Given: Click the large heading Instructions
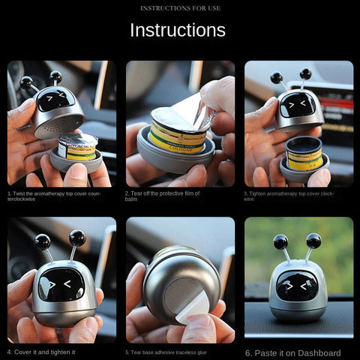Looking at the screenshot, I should (x=178, y=30).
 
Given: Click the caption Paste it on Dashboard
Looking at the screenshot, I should (x=293, y=352).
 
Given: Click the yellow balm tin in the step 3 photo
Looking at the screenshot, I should (x=304, y=153).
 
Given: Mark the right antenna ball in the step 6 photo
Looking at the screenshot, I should (x=313, y=240).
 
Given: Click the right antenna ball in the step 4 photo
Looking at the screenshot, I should (x=76, y=238).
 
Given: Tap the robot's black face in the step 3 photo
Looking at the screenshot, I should (x=298, y=106).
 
